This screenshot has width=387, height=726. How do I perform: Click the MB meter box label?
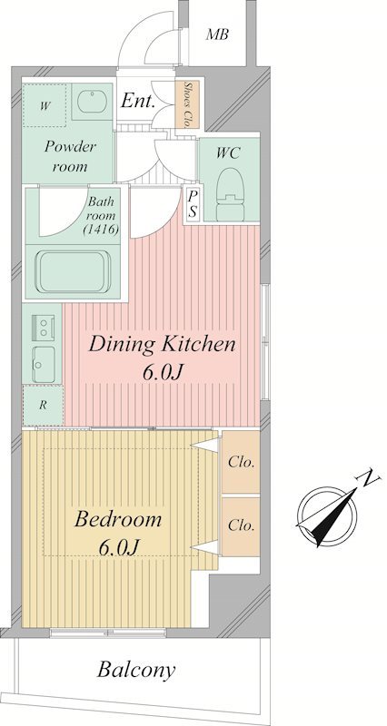click(x=217, y=34)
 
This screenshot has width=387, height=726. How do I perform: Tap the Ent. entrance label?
click(x=138, y=101)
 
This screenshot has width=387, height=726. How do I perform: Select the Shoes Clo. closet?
click(x=187, y=104)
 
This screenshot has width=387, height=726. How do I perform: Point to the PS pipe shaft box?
click(x=193, y=205)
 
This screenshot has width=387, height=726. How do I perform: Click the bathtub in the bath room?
click(x=74, y=271)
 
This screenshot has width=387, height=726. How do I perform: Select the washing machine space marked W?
click(x=44, y=106)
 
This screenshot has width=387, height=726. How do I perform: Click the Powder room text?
click(x=70, y=156)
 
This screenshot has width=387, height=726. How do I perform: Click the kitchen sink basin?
click(x=44, y=364)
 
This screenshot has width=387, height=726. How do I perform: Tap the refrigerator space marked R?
click(x=43, y=405)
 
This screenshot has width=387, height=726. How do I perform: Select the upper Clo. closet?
click(x=241, y=462)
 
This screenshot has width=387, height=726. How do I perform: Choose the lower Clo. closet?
click(x=241, y=526)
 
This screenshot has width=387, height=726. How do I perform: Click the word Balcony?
click(x=136, y=670)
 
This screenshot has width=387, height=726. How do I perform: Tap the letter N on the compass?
click(x=370, y=478)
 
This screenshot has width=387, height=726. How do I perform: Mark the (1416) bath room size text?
click(x=102, y=229)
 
